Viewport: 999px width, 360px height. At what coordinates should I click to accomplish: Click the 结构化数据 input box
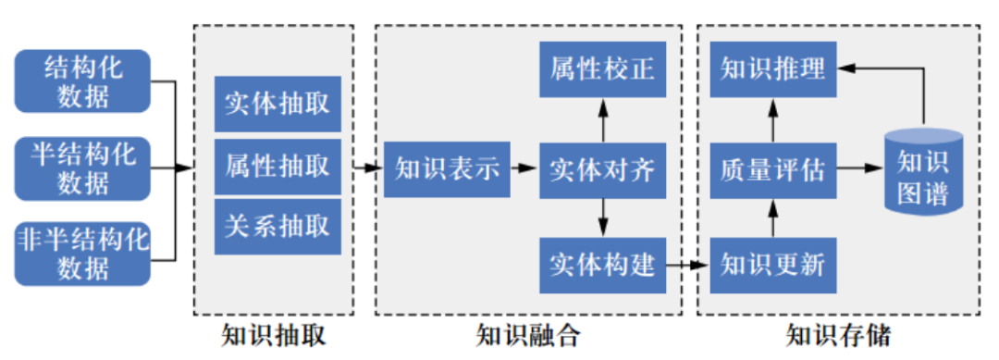82,81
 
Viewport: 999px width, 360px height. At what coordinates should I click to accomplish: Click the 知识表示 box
448,168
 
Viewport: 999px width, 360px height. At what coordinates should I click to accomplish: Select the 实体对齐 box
602,168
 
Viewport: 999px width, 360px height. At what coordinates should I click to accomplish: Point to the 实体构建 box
602,265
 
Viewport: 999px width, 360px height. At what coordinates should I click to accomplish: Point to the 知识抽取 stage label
275,334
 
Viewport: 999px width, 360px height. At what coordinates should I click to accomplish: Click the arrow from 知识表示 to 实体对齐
524,168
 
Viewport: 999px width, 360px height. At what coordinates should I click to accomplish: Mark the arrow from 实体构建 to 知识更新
687,266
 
